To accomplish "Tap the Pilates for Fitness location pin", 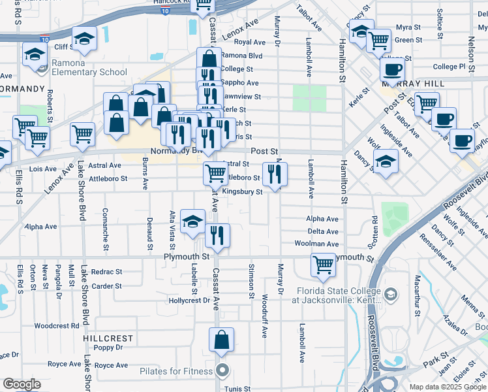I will point(222,371).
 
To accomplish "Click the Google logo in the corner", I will point(22,384).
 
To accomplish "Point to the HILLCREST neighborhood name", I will point(108,338).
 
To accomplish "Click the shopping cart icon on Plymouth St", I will point(323,265).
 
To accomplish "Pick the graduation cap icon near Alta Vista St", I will point(192,222).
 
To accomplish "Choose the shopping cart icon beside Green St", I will point(379,41).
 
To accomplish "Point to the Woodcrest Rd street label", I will point(56,325).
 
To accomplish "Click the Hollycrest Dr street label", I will point(189,301).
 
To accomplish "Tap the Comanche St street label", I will point(105,230).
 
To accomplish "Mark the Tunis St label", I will point(237,389).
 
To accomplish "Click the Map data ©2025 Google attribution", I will point(448,387).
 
